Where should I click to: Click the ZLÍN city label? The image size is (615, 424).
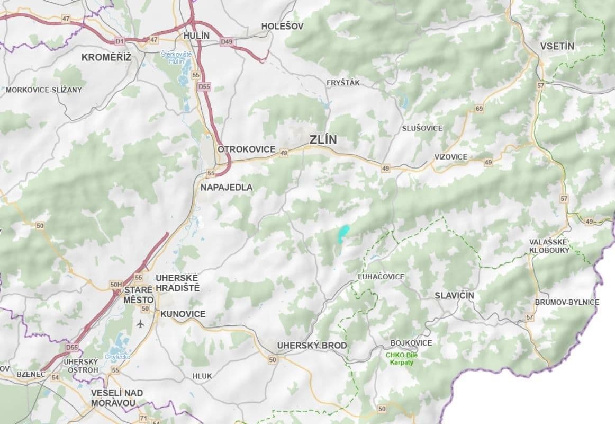(x=323, y=140)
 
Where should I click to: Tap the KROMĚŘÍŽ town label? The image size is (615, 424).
(x=106, y=57)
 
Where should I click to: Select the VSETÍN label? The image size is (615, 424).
(x=557, y=46)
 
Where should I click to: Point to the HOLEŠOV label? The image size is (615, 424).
(x=283, y=26)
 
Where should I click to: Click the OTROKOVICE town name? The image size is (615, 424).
(x=247, y=149)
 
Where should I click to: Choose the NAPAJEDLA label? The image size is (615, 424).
(x=227, y=187)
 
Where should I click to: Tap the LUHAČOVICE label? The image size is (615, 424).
(x=381, y=277)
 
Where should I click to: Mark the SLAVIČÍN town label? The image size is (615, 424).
(x=454, y=295)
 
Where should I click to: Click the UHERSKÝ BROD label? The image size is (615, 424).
(x=312, y=346)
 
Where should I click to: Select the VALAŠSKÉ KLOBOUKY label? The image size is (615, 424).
(x=549, y=246)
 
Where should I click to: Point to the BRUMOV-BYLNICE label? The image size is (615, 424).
(x=567, y=302)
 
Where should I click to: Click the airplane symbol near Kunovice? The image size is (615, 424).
(x=140, y=323)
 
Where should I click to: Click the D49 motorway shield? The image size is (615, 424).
(x=227, y=41)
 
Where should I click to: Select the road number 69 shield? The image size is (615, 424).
(x=479, y=109)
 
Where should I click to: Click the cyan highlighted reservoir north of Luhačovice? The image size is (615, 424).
(x=343, y=233)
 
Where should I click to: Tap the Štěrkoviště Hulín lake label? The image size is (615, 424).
(x=177, y=57)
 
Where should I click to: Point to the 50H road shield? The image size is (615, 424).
(x=116, y=285)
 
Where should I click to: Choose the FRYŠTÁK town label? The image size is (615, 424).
(x=343, y=83)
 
